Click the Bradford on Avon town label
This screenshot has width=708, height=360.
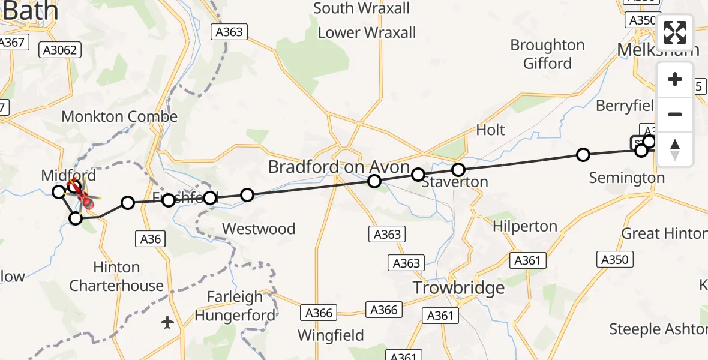(x=338, y=167)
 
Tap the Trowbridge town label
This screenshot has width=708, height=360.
(x=459, y=288)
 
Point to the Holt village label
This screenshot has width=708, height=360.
(x=490, y=130)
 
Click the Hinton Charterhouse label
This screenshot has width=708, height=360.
(x=116, y=277)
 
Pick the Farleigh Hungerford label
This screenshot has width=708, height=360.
(x=235, y=306)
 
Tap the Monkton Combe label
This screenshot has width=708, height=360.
(x=119, y=116)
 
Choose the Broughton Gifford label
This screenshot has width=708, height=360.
(x=547, y=54)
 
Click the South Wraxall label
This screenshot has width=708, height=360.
(x=362, y=8)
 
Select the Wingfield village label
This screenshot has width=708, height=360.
(x=331, y=335)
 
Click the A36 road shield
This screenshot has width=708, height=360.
(x=150, y=239)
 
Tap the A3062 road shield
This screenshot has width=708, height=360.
(x=60, y=50)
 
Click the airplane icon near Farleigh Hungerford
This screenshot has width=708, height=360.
(x=167, y=323)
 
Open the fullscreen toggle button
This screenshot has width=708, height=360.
(x=675, y=32)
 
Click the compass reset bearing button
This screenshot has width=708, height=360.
(x=675, y=149)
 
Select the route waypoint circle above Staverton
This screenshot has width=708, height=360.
(x=458, y=170)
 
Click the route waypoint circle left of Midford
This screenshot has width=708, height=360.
(x=58, y=192)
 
